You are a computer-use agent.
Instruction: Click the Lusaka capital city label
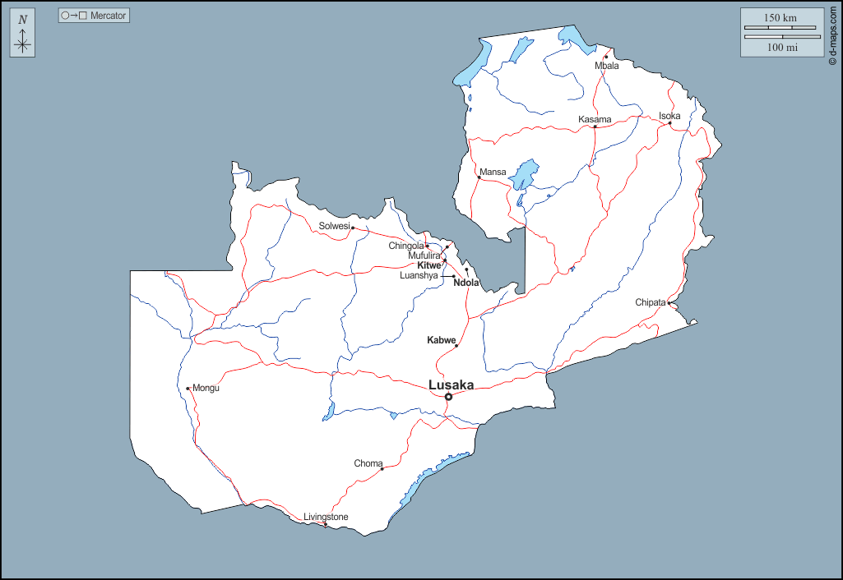(451, 384)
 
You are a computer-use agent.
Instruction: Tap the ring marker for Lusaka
(448, 398)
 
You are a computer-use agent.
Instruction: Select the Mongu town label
(206, 388)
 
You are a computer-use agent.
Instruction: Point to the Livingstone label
(326, 517)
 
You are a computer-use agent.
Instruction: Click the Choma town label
(368, 463)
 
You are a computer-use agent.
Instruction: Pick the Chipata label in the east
(650, 302)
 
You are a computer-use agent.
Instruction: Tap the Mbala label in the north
(607, 66)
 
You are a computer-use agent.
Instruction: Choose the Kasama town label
(595, 119)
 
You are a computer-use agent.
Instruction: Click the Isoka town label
(669, 116)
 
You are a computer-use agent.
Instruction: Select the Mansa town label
(493, 172)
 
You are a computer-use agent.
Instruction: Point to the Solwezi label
(334, 226)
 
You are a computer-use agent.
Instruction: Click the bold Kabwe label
(441, 340)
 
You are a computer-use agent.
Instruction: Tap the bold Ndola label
(466, 283)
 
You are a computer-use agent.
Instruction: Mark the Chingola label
(406, 246)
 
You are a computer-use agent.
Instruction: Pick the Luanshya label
(419, 276)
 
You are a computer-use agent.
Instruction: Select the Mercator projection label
(95, 16)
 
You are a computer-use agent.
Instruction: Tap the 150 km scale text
(780, 18)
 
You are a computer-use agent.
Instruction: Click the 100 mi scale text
(782, 47)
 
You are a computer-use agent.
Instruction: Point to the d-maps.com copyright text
(833, 33)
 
